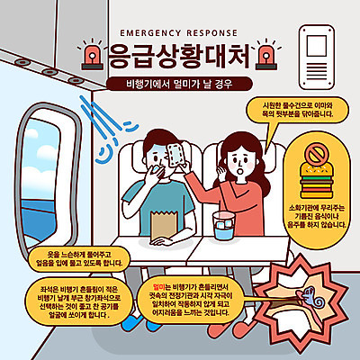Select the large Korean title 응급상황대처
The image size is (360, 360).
(180, 56)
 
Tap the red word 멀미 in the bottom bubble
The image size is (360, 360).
(162, 285)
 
